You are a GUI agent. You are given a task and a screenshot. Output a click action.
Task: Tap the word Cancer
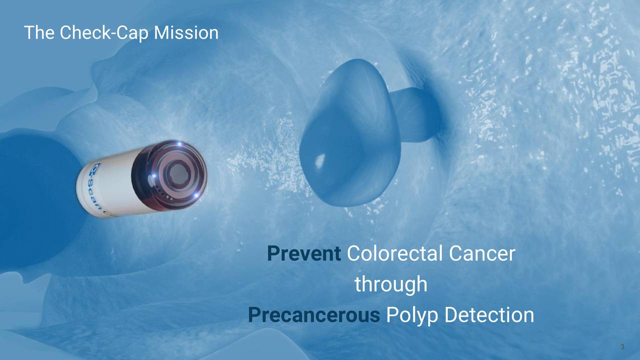pyautogui.click(x=481, y=254)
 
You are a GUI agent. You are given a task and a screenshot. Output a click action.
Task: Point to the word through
pyautogui.click(x=390, y=285)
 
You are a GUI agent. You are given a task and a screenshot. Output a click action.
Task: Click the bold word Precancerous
pyautogui.click(x=313, y=315)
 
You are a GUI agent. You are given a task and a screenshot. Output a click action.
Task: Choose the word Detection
pyautogui.click(x=488, y=315)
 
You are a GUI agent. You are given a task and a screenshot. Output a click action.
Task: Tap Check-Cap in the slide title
pyautogui.click(x=104, y=33)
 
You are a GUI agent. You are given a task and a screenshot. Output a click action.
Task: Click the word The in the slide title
pyautogui.click(x=39, y=33)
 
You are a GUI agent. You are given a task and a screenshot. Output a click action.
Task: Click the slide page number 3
pyautogui.click(x=622, y=347)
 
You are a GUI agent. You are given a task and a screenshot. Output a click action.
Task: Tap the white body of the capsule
pyautogui.click(x=107, y=190)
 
